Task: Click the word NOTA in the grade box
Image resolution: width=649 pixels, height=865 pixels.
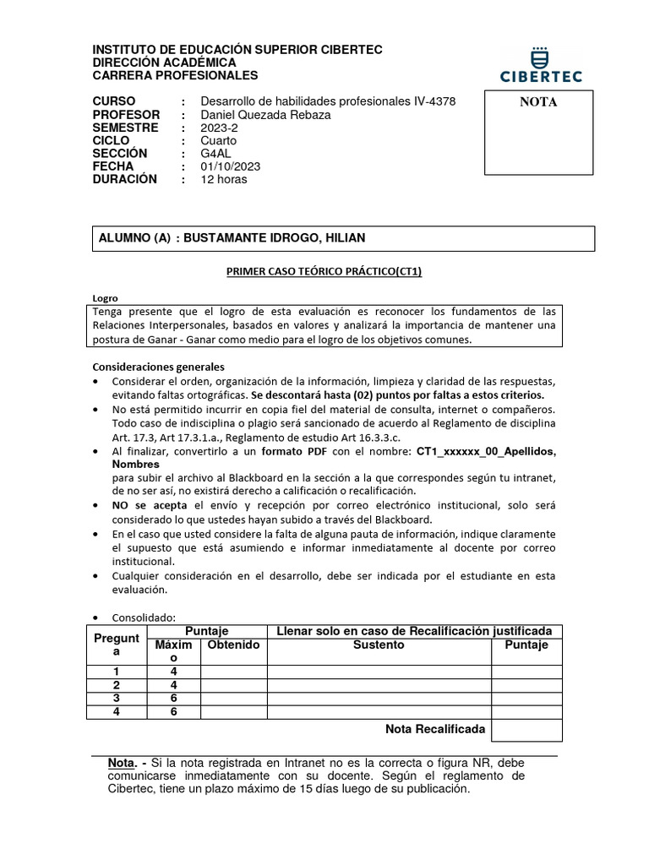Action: pyautogui.click(x=538, y=103)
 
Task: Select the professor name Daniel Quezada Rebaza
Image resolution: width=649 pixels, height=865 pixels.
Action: pyautogui.click(x=265, y=115)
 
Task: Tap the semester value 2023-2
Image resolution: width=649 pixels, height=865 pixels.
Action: pyautogui.click(x=219, y=128)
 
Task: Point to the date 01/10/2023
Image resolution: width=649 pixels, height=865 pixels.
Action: pyautogui.click(x=231, y=166)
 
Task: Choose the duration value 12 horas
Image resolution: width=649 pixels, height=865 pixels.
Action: pyautogui.click(x=224, y=179)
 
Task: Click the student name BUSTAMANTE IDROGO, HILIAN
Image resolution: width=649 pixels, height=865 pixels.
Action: pyautogui.click(x=275, y=238)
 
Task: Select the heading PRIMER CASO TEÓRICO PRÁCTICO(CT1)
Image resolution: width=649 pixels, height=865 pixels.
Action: pyautogui.click(x=324, y=272)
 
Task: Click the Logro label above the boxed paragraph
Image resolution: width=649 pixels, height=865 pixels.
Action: pyautogui.click(x=105, y=298)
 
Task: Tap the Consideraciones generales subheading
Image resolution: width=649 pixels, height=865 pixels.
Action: pyautogui.click(x=158, y=367)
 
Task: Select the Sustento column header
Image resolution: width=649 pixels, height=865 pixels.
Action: pyautogui.click(x=379, y=645)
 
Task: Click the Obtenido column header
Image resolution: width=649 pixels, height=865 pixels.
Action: pyautogui.click(x=234, y=645)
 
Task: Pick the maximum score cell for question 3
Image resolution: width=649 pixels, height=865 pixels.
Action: pyautogui.click(x=172, y=699)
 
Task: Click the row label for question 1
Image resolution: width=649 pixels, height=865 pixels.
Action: pyautogui.click(x=117, y=672)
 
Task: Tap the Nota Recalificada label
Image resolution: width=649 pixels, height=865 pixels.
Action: pyautogui.click(x=435, y=728)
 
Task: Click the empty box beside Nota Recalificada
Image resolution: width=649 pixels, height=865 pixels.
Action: pyautogui.click(x=526, y=729)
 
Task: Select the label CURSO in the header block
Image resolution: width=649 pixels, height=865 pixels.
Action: pyautogui.click(x=113, y=101)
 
